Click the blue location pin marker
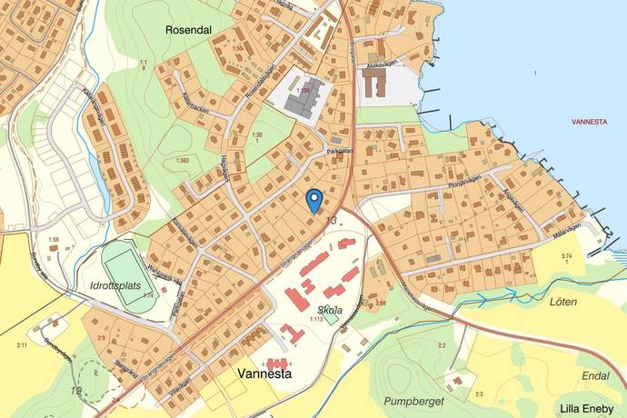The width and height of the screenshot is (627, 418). [314, 200]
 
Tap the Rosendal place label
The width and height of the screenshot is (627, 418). [188, 29]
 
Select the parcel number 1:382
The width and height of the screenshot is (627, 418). [180, 161]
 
